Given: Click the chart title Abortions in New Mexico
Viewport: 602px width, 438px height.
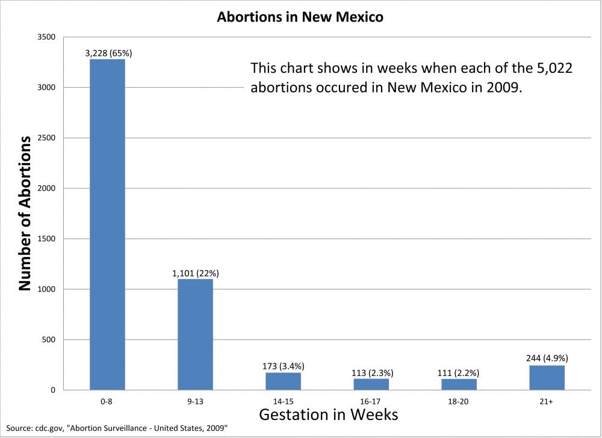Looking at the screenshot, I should tap(300, 17).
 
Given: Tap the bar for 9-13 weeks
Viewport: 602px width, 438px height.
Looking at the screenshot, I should tap(195, 334).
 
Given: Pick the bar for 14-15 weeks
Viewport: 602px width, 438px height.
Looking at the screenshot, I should tap(283, 381).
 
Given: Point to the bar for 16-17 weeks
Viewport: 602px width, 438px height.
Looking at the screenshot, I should tap(371, 384).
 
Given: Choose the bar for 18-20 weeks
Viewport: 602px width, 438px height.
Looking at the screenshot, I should tap(459, 384).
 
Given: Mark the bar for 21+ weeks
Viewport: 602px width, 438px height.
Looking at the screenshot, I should tap(547, 377).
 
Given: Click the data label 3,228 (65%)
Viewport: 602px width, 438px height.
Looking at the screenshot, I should tap(108, 53).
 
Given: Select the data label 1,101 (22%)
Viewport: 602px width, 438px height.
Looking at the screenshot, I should tap(195, 273).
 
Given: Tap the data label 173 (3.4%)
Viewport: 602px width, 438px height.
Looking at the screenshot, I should tap(283, 366).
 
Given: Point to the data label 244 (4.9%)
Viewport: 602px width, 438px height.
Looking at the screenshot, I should tap(547, 359).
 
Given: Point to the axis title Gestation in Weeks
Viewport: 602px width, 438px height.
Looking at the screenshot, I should tap(328, 414).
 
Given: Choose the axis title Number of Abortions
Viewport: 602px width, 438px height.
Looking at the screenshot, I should tap(25, 214).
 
